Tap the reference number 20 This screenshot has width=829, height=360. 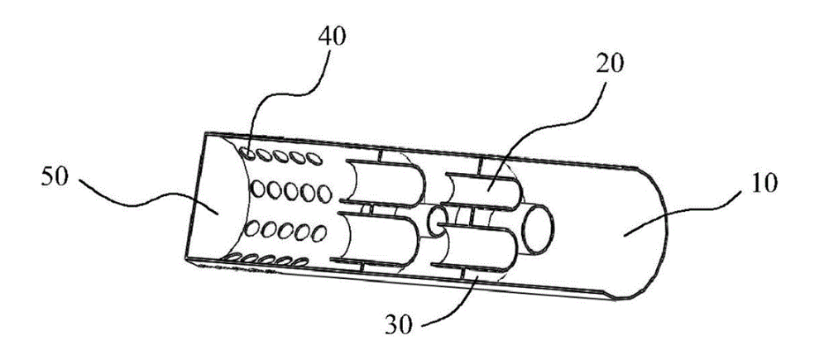610,65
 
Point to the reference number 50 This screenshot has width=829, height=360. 55,178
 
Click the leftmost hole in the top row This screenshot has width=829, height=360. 247,153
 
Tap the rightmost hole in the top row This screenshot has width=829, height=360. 314,158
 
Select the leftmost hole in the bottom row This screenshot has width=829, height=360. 232,258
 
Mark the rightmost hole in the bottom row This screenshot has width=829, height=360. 300,262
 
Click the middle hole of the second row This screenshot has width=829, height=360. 290,191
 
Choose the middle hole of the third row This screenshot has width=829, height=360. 285,231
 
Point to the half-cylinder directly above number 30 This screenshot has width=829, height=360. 476,248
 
